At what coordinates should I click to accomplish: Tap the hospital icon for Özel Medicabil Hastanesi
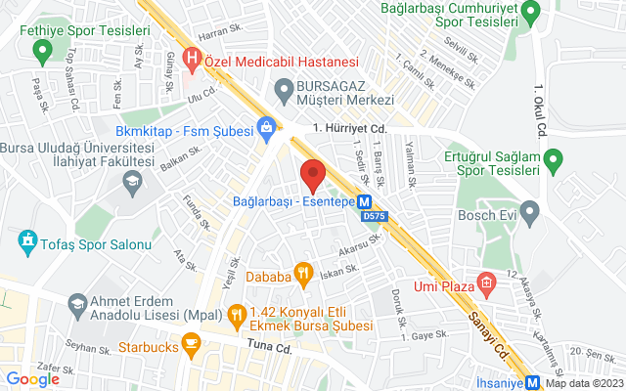coord(193,59)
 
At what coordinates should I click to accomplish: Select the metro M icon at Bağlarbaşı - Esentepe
coord(364,202)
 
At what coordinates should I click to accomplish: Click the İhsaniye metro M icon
coord(533,382)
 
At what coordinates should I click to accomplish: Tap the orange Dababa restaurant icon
coord(303,276)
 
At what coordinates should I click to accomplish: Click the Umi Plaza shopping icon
coord(486,284)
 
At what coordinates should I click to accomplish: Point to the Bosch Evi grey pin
coord(530,210)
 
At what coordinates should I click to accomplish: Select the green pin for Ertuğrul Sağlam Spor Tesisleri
coord(553,157)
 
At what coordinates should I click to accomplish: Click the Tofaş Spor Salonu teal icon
coord(26,240)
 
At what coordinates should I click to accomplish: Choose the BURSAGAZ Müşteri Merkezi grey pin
coord(285,92)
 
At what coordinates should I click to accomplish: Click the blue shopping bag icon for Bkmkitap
coord(265,127)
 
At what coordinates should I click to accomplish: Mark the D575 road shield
coord(374,216)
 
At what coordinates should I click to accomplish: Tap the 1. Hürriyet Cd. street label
coord(351,128)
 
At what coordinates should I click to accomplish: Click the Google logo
coord(32,379)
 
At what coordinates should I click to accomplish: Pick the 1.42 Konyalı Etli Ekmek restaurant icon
coord(236,315)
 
